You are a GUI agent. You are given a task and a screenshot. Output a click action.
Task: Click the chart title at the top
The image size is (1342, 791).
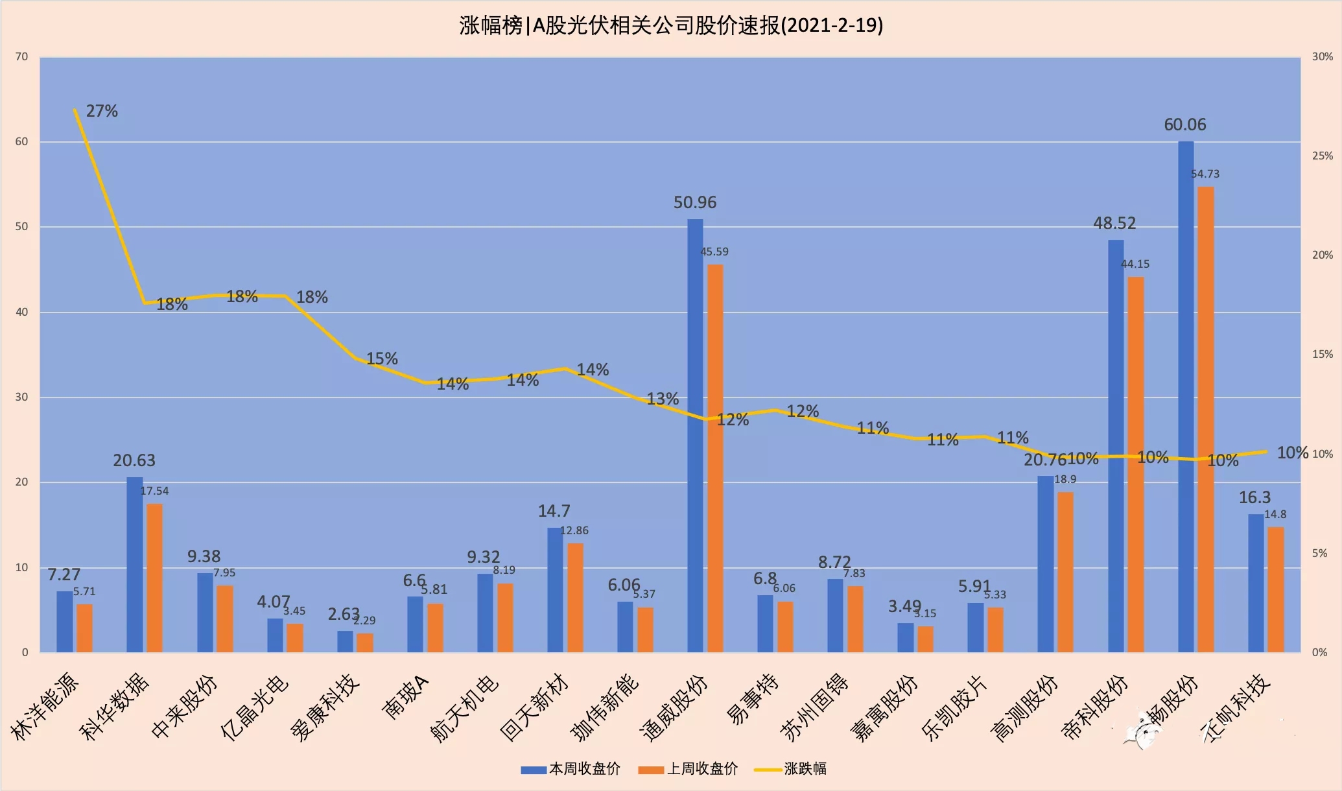(x=671, y=25)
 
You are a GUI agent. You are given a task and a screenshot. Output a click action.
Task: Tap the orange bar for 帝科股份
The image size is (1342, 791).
(x=1135, y=464)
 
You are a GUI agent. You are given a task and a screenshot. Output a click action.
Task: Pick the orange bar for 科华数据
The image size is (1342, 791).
(x=154, y=578)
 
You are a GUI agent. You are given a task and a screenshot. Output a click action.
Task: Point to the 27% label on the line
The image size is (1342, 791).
(x=102, y=112)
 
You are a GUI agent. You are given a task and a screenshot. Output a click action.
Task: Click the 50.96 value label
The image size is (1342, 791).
(x=695, y=203)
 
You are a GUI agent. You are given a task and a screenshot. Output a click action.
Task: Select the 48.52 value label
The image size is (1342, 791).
(x=1114, y=224)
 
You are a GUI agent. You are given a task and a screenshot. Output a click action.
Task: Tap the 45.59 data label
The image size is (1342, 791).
(x=714, y=252)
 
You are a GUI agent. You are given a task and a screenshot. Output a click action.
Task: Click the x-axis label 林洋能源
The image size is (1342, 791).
(x=45, y=707)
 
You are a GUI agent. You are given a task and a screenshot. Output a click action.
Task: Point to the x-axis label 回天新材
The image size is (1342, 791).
(x=535, y=707)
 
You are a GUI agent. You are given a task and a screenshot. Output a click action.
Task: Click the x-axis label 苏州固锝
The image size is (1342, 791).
(x=815, y=707)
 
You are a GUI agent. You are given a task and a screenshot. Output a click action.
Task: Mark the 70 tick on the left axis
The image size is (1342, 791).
(x=22, y=57)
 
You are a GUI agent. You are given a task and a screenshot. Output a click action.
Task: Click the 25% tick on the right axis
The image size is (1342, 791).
(x=1322, y=156)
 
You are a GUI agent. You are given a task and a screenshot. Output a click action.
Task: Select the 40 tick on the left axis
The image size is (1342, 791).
(x=22, y=312)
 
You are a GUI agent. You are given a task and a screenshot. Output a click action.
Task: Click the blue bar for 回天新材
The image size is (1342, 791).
(x=555, y=589)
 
